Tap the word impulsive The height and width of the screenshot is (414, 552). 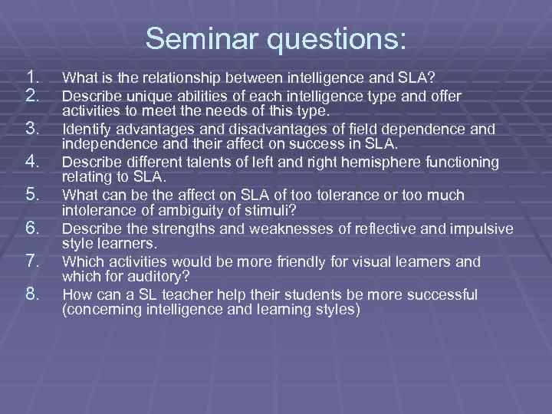(477, 228)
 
